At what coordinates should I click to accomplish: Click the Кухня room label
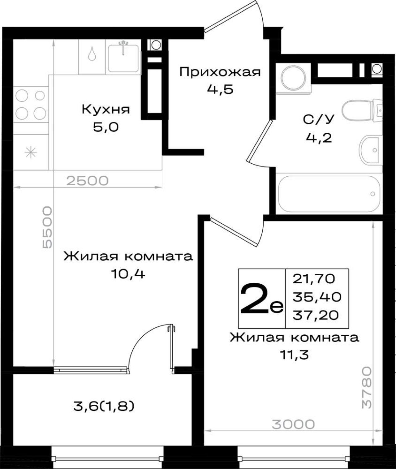pos(106,110)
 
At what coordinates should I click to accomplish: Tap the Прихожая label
pos(220,72)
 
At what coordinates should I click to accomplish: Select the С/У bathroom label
pos(319,119)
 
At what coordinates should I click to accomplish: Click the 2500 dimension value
pos(88,181)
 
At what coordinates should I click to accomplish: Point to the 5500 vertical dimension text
pos(47,227)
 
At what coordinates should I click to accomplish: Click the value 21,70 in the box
pos(314,279)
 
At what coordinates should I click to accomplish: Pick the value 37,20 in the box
pos(316,316)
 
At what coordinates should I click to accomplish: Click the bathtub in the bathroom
pos(329,194)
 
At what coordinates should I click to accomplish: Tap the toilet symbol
pos(362,110)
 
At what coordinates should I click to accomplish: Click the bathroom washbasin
pos(371,150)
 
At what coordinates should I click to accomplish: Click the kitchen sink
pos(123,58)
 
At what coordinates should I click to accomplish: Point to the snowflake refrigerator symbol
pos(31,152)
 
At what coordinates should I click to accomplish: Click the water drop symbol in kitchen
pos(92,54)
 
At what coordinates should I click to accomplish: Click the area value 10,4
pos(128,273)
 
